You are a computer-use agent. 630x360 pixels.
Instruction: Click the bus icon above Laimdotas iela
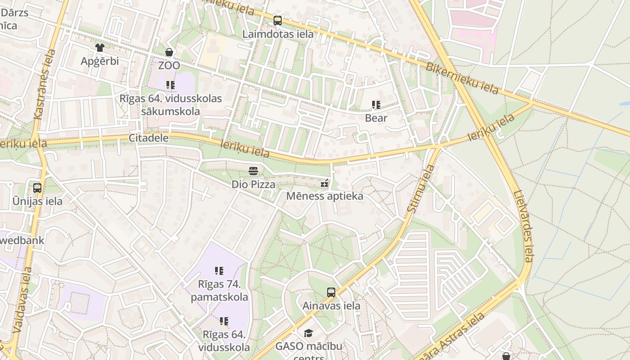[278, 20]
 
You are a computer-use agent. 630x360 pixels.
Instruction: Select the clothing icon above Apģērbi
[99, 48]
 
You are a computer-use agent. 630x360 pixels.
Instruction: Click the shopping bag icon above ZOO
[169, 52]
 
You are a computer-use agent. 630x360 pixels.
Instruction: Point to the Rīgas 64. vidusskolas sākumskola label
[171, 105]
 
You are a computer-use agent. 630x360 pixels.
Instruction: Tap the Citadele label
[148, 138]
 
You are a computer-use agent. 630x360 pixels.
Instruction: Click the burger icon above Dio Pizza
[253, 171]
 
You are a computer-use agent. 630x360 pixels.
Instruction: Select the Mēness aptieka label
[324, 196]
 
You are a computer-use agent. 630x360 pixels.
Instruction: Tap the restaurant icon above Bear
[376, 105]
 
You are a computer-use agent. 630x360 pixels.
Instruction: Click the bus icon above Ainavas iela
[331, 292]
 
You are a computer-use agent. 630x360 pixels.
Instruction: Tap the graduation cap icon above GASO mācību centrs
[308, 333]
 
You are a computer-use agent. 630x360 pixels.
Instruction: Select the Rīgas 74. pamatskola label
[219, 291]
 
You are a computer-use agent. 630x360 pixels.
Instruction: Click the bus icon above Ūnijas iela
[37, 188]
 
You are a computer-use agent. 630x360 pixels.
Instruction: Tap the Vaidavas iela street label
[22, 300]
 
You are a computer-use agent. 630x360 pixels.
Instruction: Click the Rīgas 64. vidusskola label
[224, 341]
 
